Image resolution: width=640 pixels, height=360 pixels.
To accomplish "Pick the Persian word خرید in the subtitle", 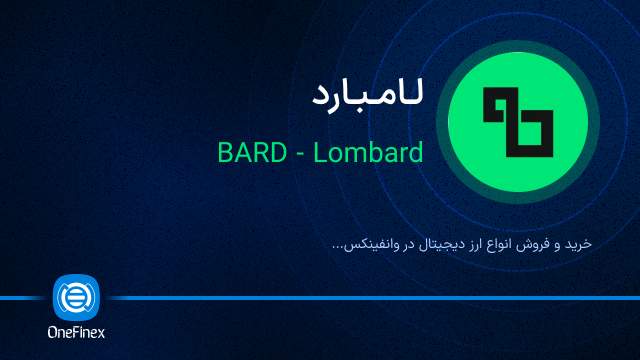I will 578,244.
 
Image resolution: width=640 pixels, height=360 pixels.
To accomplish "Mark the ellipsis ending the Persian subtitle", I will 337,248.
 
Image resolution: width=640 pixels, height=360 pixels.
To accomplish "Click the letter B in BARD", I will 224,152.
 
